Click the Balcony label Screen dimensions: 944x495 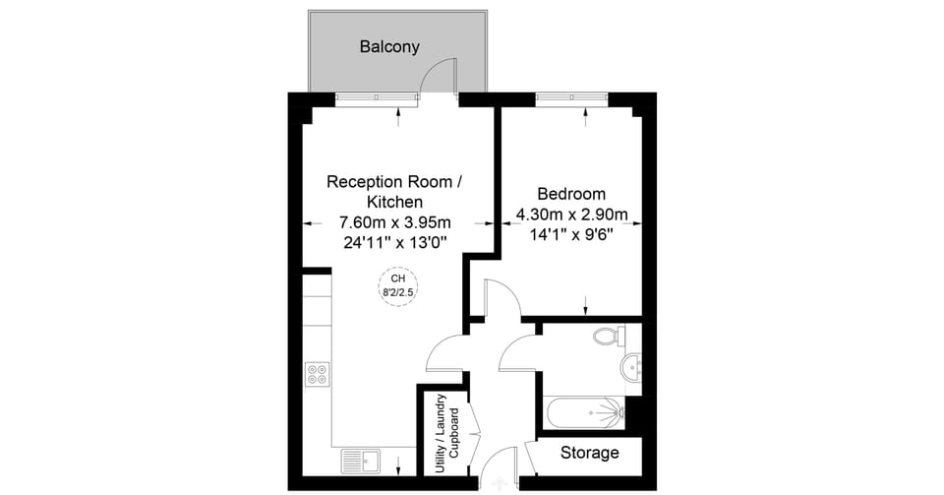[389, 47]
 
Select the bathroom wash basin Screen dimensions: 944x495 [630, 367]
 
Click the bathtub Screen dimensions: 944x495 [584, 413]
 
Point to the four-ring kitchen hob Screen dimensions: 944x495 [318, 373]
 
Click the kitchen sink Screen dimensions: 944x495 [361, 462]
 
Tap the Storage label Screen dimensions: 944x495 [589, 453]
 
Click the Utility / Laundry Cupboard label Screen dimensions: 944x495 [447, 433]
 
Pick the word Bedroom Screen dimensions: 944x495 [571, 194]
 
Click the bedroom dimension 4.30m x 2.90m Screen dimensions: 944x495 [571, 215]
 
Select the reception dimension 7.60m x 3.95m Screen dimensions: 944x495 [395, 222]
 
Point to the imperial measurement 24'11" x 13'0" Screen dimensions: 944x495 [395, 243]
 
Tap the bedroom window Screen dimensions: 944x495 [571, 98]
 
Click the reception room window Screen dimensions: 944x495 [377, 99]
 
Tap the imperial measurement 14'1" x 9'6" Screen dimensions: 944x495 [571, 235]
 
